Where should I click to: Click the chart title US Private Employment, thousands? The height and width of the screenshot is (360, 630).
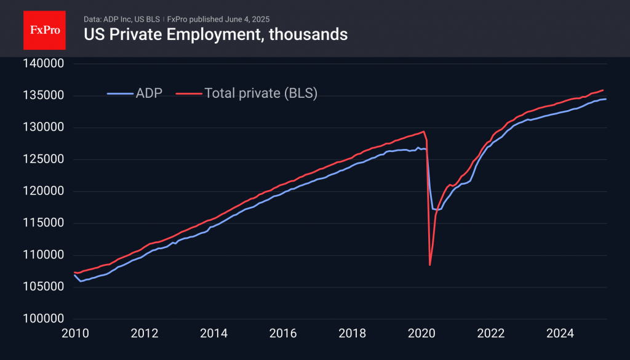tap(215, 34)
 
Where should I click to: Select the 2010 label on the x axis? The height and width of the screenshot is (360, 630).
tap(75, 334)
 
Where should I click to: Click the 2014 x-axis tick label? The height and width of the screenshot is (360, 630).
tap(213, 334)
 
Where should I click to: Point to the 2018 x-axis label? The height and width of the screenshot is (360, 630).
tap(352, 334)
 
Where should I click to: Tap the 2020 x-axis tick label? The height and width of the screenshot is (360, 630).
tap(421, 334)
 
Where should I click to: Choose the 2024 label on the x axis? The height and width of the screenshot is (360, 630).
tap(560, 334)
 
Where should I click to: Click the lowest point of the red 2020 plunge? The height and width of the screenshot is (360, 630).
tap(429, 265)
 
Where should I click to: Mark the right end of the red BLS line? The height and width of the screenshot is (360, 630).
tap(603, 90)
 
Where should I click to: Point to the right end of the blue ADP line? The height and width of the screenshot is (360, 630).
tap(606, 99)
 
